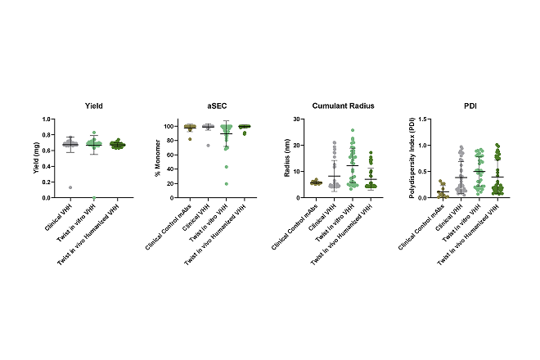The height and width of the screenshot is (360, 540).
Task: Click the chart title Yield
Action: [93, 107]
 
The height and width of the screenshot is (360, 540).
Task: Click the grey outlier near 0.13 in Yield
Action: [70, 187]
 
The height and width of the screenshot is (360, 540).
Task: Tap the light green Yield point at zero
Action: [94, 197]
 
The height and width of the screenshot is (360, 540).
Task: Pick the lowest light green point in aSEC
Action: [225, 183]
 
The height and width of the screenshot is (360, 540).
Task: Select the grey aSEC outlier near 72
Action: [208, 146]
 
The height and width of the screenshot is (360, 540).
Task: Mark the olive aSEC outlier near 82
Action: [190, 139]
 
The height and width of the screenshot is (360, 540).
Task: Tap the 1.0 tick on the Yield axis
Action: [54, 119]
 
